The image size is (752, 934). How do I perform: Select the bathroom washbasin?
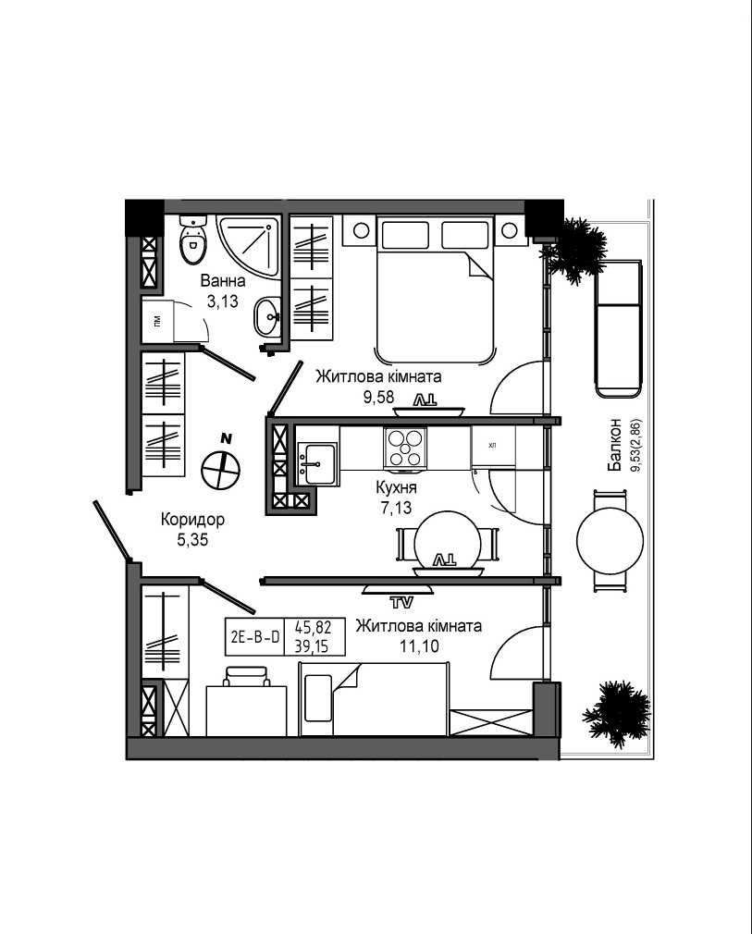(267, 315)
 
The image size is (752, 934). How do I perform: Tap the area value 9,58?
(379, 397)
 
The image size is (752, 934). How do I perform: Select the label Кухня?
(396, 487)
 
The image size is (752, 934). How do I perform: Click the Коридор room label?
(192, 520)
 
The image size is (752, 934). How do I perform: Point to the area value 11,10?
(419, 645)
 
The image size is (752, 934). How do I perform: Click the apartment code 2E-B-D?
(255, 637)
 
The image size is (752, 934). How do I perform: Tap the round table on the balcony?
(610, 540)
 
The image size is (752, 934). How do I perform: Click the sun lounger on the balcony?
(618, 328)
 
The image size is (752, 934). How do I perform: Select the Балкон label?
(614, 445)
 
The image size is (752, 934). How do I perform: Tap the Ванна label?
(223, 280)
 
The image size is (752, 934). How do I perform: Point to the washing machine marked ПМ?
(158, 321)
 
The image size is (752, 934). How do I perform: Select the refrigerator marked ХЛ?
(492, 446)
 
